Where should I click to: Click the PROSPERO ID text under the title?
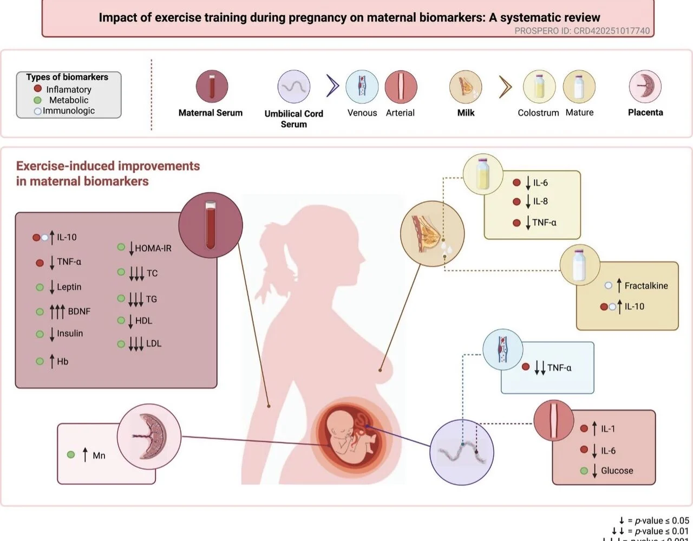581,31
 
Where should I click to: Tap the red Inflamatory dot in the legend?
38,89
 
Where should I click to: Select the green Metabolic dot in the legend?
38,100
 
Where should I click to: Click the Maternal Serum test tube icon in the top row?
212,87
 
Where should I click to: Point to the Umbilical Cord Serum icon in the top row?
294,87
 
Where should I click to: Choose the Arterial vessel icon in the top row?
401,87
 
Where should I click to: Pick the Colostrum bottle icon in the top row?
539,87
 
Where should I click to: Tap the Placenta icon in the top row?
645,87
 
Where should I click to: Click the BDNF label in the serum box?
79,311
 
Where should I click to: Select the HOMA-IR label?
153,249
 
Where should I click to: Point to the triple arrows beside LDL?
136,344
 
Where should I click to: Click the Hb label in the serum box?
63,361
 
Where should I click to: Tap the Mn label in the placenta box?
99,455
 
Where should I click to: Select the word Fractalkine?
646,285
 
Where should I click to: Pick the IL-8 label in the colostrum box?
540,201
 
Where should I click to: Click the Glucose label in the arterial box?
617,471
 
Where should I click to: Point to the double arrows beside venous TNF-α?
540,368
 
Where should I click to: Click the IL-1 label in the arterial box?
608,429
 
